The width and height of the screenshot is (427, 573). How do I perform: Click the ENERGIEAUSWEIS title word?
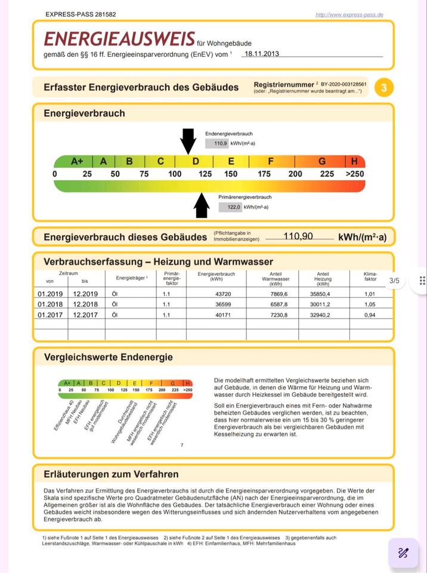pos(119,39)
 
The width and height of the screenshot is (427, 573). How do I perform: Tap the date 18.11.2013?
pos(261,54)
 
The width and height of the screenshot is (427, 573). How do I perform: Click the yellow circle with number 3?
pos(384,88)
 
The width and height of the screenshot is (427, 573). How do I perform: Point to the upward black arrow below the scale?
pos(202,205)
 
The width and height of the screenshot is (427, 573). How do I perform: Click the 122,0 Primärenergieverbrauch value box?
pos(230,207)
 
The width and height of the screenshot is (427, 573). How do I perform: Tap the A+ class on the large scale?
pos(77,161)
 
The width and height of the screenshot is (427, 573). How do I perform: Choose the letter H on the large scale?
pos(355,161)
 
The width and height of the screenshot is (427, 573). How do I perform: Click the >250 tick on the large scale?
pos(355,174)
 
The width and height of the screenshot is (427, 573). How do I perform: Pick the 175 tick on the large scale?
pos(264,174)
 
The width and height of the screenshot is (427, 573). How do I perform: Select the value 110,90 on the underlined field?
pos(298,236)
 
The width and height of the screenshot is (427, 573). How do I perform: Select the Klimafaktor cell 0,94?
pos(370,315)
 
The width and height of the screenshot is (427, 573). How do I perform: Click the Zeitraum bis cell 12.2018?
pos(85,304)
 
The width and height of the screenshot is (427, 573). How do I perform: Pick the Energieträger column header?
pos(127,278)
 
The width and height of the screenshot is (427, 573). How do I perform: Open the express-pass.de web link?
pos(349,14)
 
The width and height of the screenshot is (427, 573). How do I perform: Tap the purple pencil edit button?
pos(403,553)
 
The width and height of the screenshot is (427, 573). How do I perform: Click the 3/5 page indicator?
pos(394,281)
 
